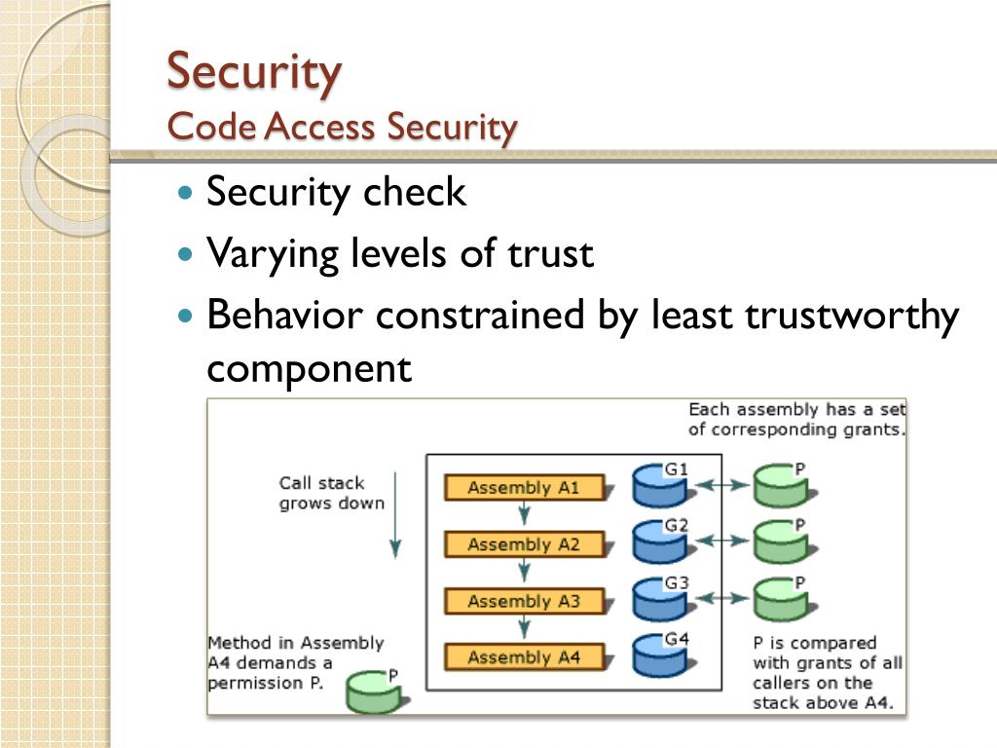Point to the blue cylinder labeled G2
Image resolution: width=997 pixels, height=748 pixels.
[x=658, y=542]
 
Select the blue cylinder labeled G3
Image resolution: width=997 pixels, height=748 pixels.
[x=658, y=599]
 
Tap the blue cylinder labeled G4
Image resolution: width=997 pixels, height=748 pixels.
[x=658, y=655]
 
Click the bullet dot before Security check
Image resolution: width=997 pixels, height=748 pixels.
[x=187, y=193]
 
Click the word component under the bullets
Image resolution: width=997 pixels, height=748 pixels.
[x=310, y=369]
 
